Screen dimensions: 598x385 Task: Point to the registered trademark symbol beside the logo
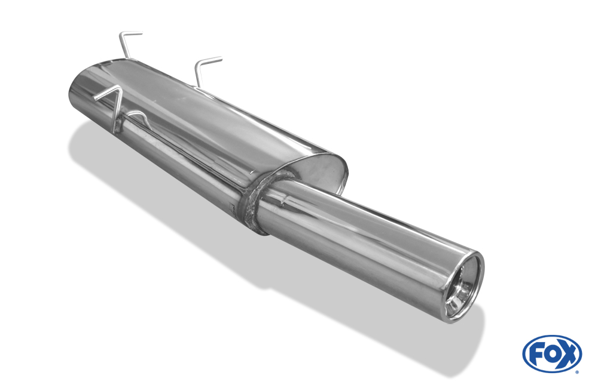pyautogui.click(x=578, y=372)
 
